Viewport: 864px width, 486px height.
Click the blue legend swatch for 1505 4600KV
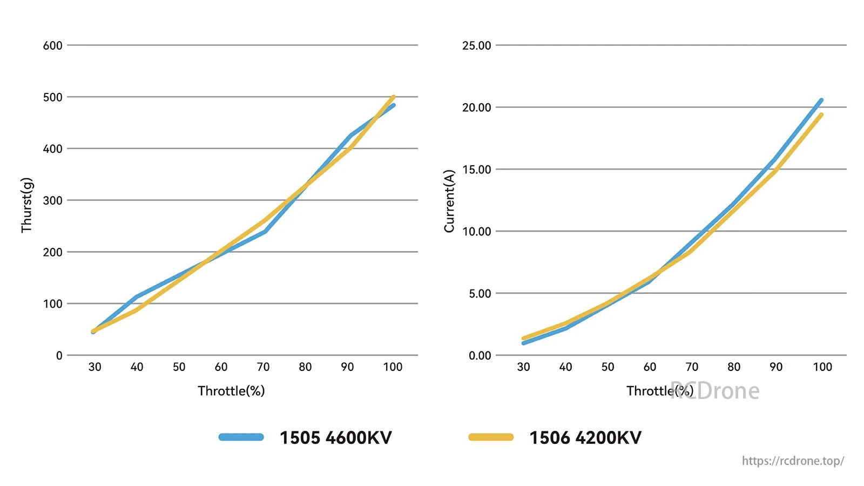pyautogui.click(x=241, y=437)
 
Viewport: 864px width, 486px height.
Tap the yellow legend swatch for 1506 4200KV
pyautogui.click(x=491, y=437)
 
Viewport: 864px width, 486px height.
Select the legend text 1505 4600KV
pyautogui.click(x=335, y=437)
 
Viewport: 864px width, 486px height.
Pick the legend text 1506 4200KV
pyautogui.click(x=585, y=437)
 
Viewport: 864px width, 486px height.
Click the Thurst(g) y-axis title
pyautogui.click(x=27, y=205)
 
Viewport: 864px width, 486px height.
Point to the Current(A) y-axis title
pyautogui.click(x=449, y=201)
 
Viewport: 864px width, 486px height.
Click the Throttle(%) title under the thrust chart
pyautogui.click(x=231, y=391)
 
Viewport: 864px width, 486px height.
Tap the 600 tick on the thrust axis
pyautogui.click(x=53, y=45)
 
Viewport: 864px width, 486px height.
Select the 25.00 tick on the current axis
pyautogui.click(x=476, y=45)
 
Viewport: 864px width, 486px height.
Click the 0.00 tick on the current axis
pyautogui.click(x=480, y=355)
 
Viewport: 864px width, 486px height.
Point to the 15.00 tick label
pyautogui.click(x=476, y=170)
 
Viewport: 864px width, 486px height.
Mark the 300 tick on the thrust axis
pyautogui.click(x=53, y=200)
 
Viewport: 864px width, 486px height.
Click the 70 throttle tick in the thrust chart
pyautogui.click(x=263, y=367)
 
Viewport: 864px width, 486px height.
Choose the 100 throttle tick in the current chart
pyautogui.click(x=822, y=367)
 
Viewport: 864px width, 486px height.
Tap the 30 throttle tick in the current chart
pyautogui.click(x=523, y=367)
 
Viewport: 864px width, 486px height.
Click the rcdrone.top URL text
pyautogui.click(x=793, y=461)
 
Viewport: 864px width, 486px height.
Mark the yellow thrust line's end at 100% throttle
pyautogui.click(x=393, y=97)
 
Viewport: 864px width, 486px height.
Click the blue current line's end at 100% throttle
pyautogui.click(x=821, y=100)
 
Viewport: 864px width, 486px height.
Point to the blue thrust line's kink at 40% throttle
pyautogui.click(x=136, y=296)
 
